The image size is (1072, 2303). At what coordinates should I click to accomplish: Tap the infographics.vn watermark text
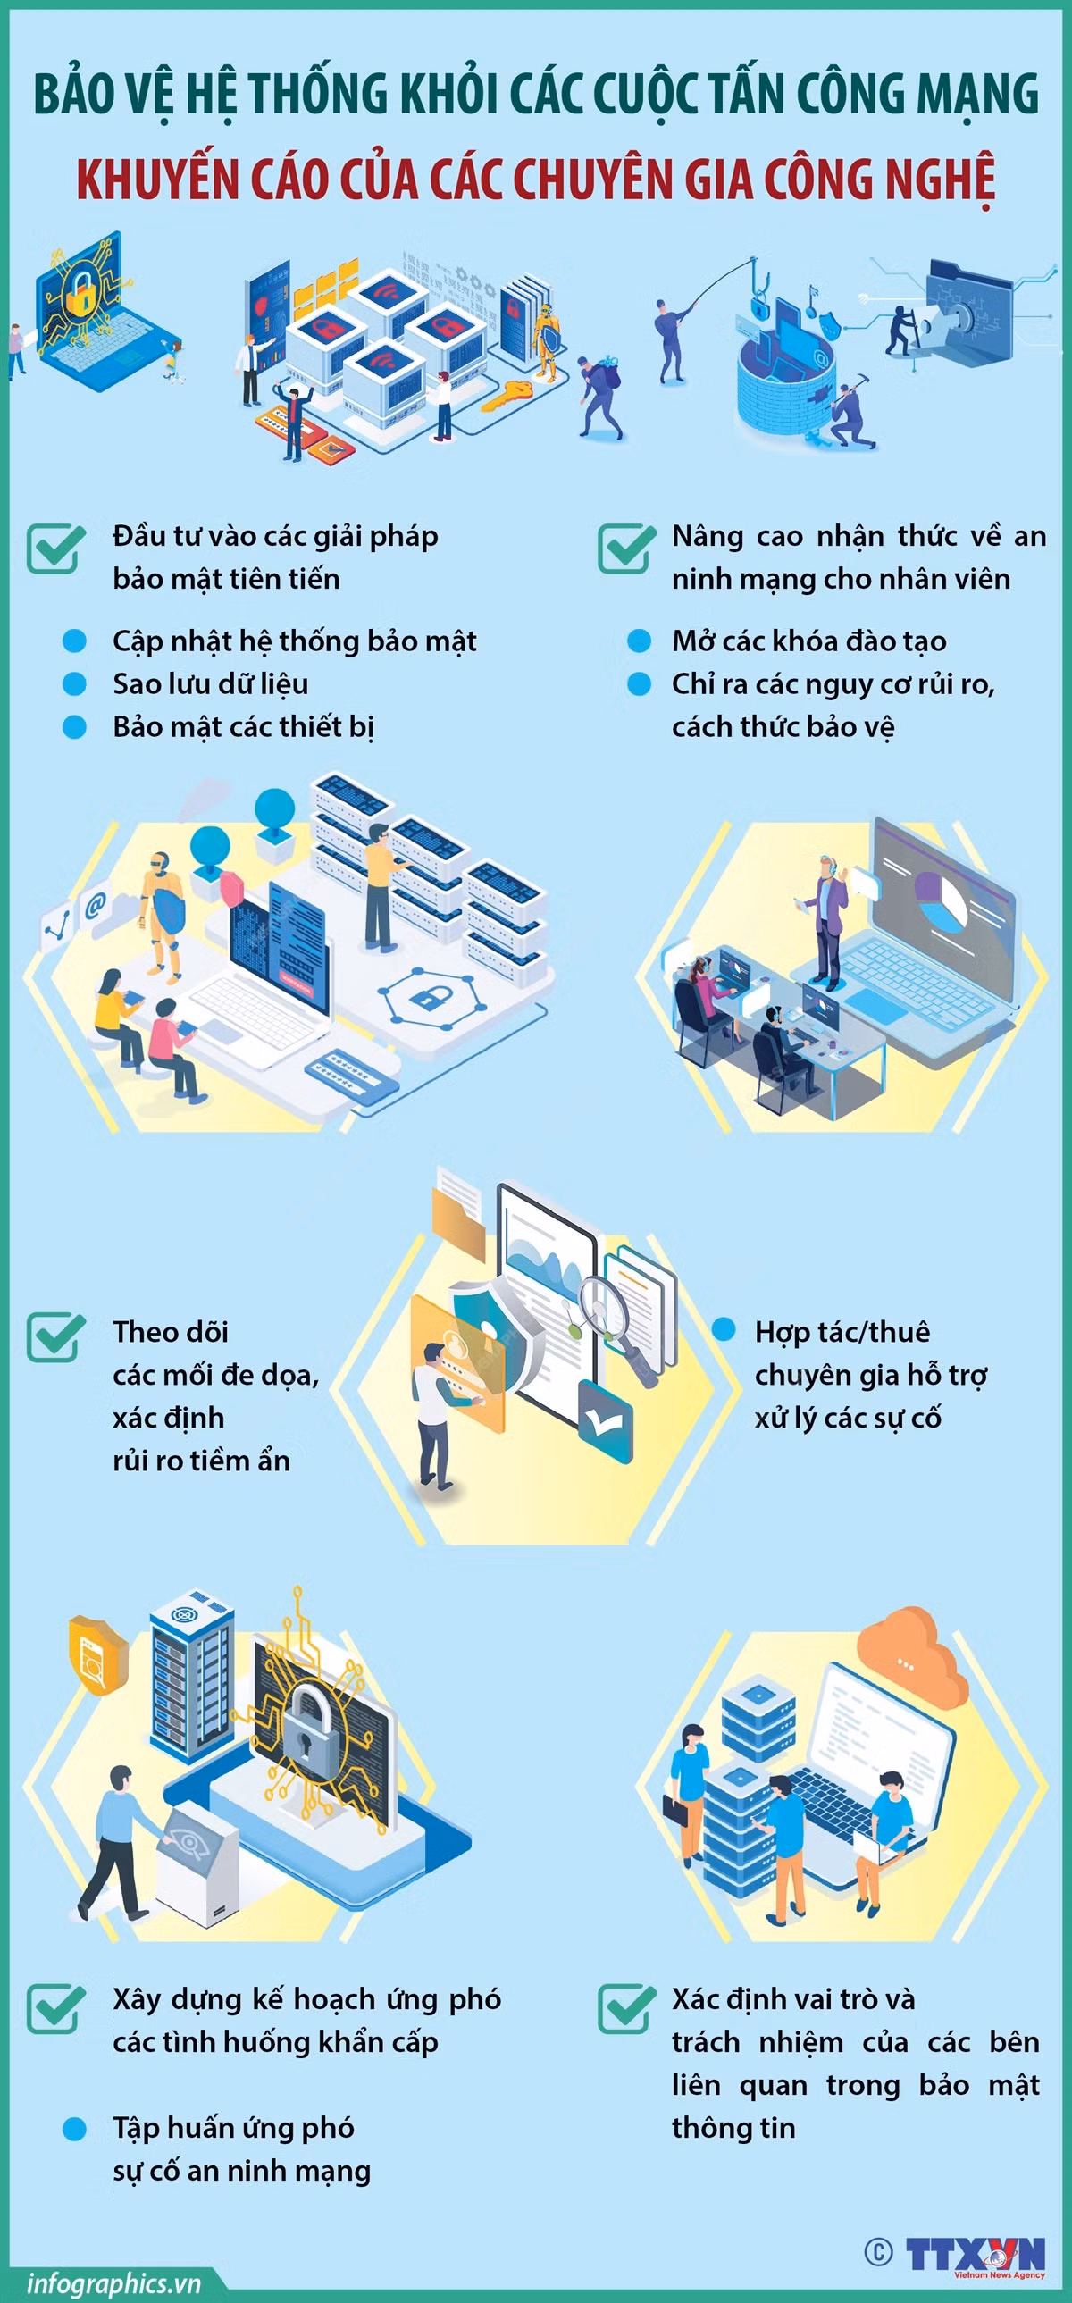(113, 2283)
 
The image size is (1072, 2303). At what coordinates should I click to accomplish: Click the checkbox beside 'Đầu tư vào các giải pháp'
(55, 548)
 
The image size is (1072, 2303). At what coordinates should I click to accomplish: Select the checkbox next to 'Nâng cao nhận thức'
(627, 548)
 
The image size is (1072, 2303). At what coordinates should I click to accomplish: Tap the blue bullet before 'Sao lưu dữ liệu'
(74, 684)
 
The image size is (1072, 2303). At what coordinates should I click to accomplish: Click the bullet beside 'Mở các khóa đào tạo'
(640, 641)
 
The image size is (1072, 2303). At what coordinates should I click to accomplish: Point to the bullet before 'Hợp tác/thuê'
(724, 1329)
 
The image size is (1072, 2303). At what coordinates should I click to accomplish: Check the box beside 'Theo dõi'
(55, 1337)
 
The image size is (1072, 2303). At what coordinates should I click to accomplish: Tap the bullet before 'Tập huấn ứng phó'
(74, 2129)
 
